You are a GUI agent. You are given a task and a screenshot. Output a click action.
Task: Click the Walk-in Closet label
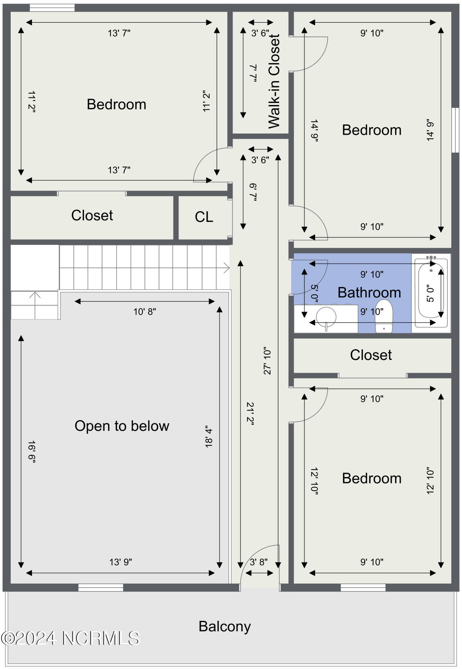pyautogui.click(x=274, y=81)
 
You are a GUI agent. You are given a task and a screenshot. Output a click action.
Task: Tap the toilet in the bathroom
pyautogui.click(x=383, y=316)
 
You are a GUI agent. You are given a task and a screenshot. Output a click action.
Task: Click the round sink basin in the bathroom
pyautogui.click(x=326, y=316)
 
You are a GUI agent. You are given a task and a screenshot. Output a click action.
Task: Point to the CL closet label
pyautogui.click(x=204, y=217)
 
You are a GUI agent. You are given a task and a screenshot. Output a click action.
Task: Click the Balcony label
pyautogui.click(x=225, y=626)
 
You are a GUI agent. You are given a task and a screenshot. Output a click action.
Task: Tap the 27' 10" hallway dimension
pyautogui.click(x=267, y=360)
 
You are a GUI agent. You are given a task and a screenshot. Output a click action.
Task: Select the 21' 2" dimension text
pyautogui.click(x=250, y=413)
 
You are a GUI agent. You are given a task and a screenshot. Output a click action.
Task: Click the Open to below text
pyautogui.click(x=122, y=426)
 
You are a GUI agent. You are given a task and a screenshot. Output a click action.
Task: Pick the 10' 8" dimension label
pyautogui.click(x=145, y=312)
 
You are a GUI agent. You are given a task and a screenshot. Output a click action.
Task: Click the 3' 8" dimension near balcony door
pyautogui.click(x=259, y=562)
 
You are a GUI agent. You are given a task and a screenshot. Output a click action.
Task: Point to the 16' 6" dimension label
pyautogui.click(x=31, y=452)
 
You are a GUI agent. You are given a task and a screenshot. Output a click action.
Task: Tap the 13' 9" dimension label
pyautogui.click(x=120, y=562)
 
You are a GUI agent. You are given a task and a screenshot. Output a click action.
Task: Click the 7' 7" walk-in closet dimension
pyautogui.click(x=253, y=73)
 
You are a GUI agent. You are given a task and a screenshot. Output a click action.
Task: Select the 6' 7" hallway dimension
pyautogui.click(x=253, y=192)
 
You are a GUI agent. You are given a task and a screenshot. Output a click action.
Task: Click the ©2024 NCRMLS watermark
pyautogui.click(x=70, y=638)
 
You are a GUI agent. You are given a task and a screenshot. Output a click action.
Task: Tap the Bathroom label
pyautogui.click(x=369, y=293)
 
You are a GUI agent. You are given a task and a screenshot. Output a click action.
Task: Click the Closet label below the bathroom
pyautogui.click(x=371, y=355)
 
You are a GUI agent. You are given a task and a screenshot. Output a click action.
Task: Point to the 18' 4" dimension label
pyautogui.click(x=209, y=437)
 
